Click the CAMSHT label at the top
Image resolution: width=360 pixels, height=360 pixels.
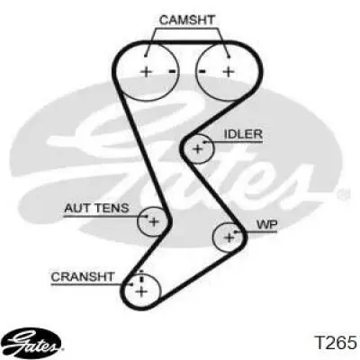pos(187,20)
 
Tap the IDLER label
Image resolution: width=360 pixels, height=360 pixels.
pos(243,134)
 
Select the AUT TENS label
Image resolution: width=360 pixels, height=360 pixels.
pos(96,208)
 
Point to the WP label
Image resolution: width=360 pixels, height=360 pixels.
pos(266,224)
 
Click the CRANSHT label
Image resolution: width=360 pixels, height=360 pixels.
pos(83,276)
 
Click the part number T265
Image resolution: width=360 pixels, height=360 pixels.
pos(335,342)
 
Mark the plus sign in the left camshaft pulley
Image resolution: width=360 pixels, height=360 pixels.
pos(147,72)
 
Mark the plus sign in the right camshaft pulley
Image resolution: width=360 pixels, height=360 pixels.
pos(229,71)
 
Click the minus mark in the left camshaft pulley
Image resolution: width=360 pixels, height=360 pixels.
pos(173,71)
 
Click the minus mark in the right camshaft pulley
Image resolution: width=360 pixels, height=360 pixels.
pos(202,71)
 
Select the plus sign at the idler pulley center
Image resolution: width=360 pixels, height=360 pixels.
pos(198,148)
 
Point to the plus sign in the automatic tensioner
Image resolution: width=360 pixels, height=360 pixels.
pos(154,222)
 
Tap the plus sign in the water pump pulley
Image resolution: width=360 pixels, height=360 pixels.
pos(229,238)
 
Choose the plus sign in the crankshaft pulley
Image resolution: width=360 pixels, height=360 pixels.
pos(141,291)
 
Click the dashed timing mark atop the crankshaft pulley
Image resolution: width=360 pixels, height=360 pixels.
pos(141,276)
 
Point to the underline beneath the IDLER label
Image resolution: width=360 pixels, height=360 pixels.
pos(233,141)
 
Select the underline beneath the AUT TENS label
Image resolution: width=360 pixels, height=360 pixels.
pos(105,216)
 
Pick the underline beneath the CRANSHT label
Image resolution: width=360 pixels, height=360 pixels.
pos(91,283)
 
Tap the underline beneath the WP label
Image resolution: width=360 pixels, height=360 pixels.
pos(256,231)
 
